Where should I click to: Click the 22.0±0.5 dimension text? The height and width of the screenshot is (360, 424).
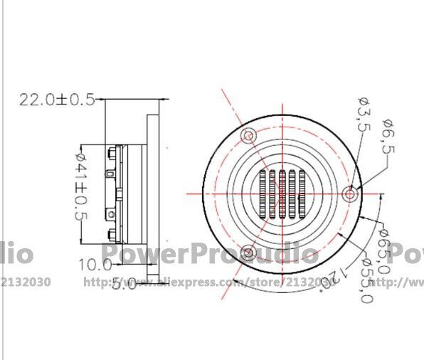coord(56,100)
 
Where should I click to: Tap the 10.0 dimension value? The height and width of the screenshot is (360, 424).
coord(95,265)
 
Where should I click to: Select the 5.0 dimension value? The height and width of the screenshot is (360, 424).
coord(124,285)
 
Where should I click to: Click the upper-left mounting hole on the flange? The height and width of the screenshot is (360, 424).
coord(249,135)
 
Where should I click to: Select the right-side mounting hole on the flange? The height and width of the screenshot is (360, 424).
coord(350,193)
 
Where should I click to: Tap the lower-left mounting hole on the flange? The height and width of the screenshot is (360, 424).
coord(249,251)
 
